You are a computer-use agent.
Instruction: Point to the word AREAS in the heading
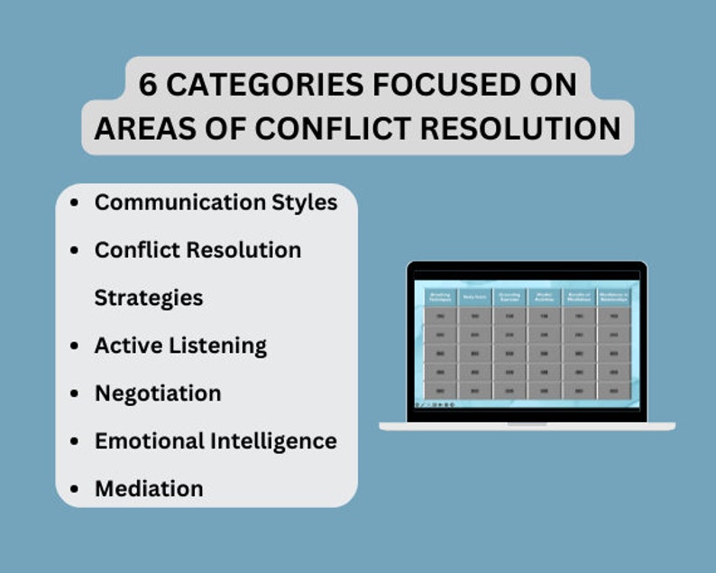[x=146, y=129]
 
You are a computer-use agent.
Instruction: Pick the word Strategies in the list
[x=148, y=298]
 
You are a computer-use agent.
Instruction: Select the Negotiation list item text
[x=157, y=393]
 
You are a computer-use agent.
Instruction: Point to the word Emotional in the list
[x=149, y=441]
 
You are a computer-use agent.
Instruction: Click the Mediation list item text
[x=148, y=489]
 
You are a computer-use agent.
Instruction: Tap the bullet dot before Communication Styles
[x=74, y=202]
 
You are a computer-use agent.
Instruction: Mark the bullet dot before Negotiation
[x=74, y=393]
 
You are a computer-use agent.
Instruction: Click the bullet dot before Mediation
[x=74, y=489]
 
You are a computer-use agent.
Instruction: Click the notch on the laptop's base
[x=527, y=423]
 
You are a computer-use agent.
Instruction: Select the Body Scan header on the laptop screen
[x=473, y=297]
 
